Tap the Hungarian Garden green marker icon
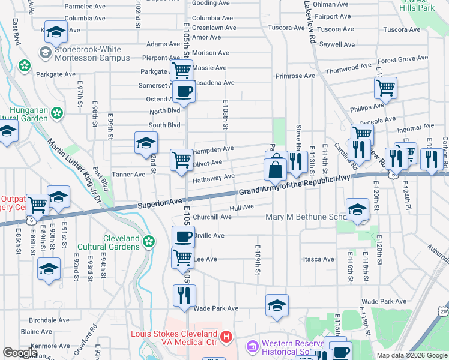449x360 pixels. [x=57, y=112]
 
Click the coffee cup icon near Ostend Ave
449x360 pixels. [x=184, y=92]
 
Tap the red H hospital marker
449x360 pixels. [x=226, y=337]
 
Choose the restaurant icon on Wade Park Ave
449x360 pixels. [x=184, y=295]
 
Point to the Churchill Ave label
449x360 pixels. [x=212, y=217]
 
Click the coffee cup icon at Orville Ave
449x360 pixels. [x=183, y=236]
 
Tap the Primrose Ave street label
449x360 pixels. [x=295, y=76]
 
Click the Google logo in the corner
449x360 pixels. [x=20, y=353]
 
